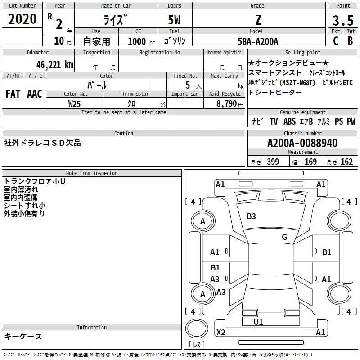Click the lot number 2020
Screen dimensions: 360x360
click(22, 19)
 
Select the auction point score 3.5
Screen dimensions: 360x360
click(343, 20)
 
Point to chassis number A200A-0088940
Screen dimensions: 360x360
click(302, 143)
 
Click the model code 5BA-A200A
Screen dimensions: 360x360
click(258, 41)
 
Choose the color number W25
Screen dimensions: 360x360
click(74, 103)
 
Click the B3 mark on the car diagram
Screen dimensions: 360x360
click(251, 216)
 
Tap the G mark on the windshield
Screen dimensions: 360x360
click(284, 237)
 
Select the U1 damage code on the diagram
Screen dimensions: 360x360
click(258, 322)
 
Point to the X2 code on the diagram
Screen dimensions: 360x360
click(220, 333)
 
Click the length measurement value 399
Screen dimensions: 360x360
click(273, 162)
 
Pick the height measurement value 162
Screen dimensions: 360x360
click(346, 162)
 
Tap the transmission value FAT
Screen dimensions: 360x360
click(13, 94)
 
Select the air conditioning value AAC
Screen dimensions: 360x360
click(35, 94)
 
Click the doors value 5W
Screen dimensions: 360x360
click(174, 20)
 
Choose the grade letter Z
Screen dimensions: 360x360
click(258, 20)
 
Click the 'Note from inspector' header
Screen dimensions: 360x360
click(91, 173)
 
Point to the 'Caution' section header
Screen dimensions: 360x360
click(124, 134)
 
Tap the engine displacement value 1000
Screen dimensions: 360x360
click(136, 41)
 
